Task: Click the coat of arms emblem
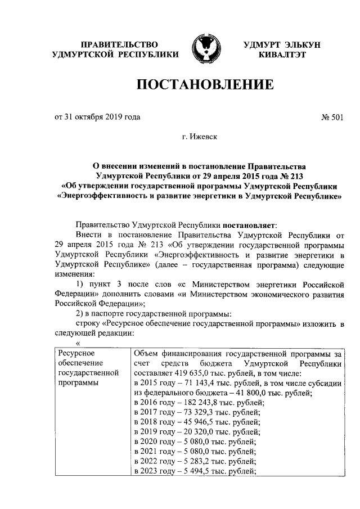205,49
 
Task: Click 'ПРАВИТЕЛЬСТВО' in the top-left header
119,44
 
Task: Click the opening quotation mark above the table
78,344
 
